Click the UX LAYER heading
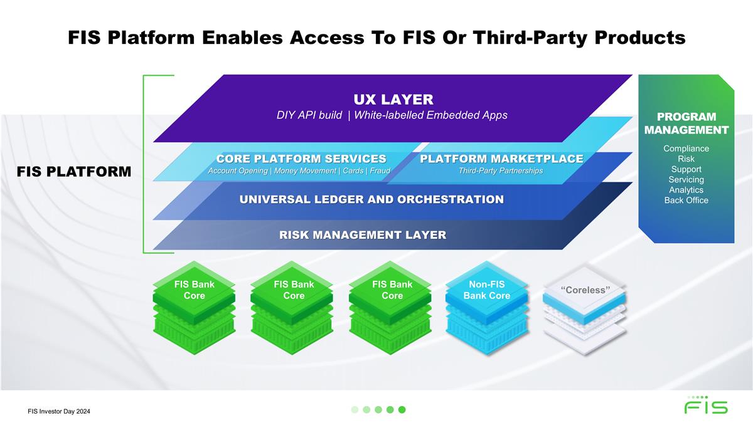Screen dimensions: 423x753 coord(393,99)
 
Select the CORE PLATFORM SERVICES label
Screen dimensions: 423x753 coord(301,159)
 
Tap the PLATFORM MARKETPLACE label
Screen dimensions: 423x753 coord(501,159)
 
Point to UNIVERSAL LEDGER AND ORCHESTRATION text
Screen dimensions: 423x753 coord(371,199)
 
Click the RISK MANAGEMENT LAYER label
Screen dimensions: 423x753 coord(363,235)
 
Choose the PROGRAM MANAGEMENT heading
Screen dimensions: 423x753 coord(686,123)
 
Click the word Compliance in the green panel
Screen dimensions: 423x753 coord(686,149)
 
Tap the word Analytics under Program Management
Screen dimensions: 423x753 coord(686,190)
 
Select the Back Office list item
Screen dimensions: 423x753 coord(686,201)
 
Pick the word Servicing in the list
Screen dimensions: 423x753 coord(686,180)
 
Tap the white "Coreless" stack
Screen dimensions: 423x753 coord(585,310)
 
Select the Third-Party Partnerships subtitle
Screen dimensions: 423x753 coord(501,171)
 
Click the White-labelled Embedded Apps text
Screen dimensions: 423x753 coord(430,115)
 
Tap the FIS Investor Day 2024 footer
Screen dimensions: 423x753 coord(63,411)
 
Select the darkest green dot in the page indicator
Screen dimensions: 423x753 coord(402,409)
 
